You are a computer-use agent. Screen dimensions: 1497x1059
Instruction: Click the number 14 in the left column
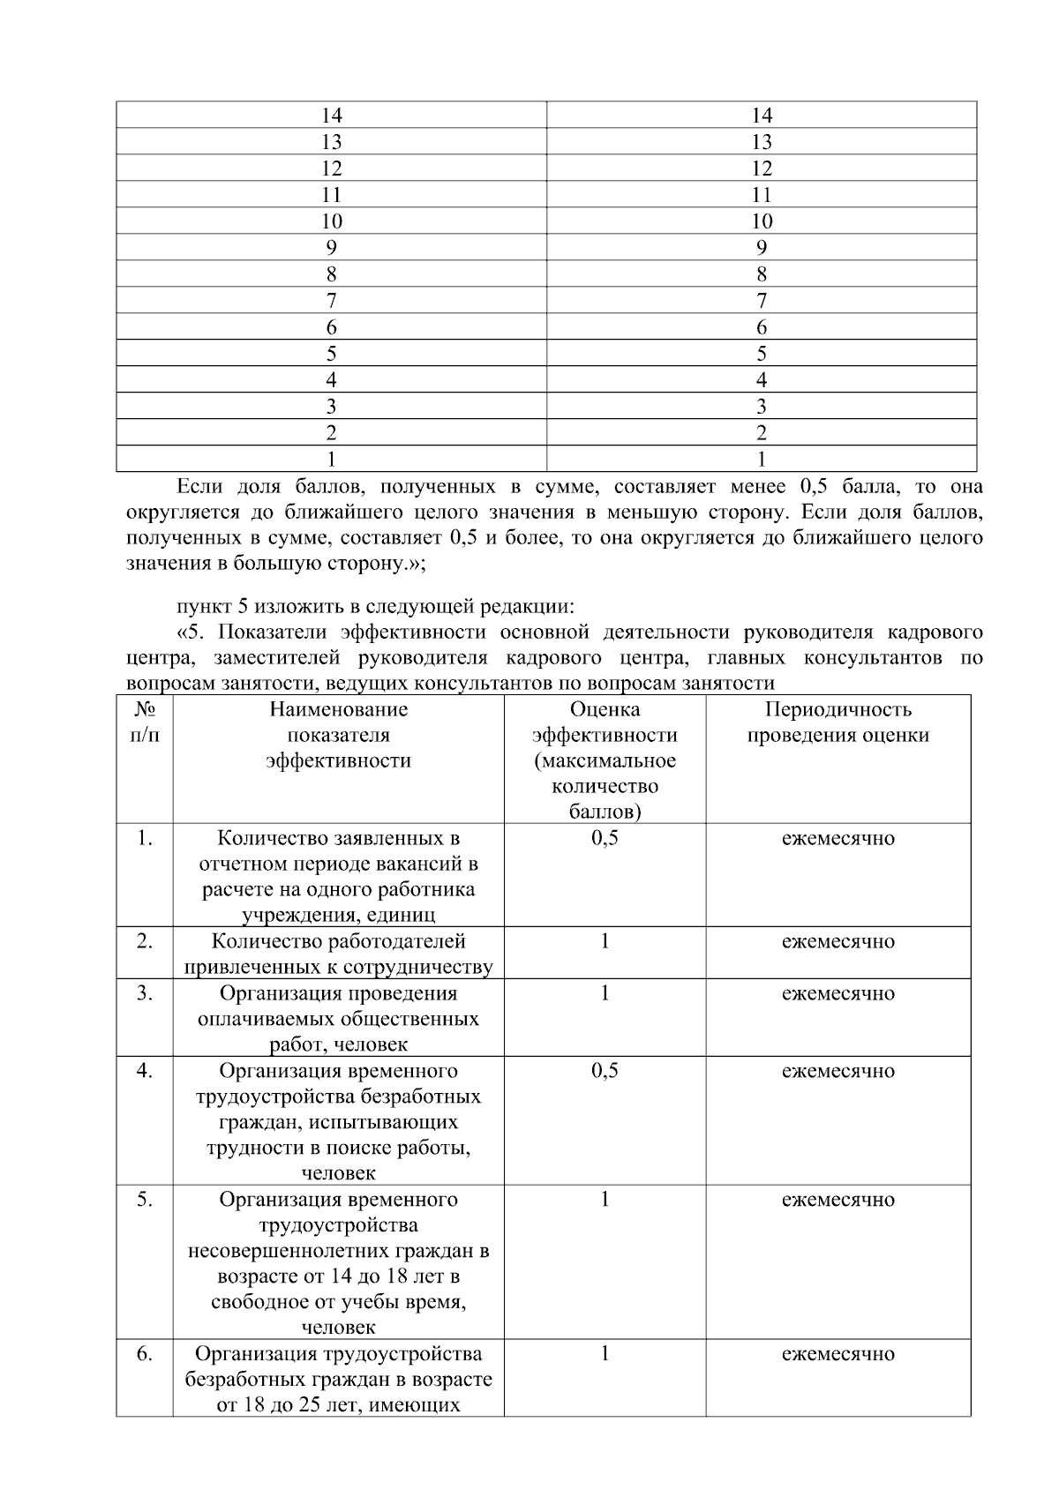point(331,116)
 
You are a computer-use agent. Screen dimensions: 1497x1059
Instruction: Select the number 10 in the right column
point(761,221)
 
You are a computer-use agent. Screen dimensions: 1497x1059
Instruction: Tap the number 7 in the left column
point(331,301)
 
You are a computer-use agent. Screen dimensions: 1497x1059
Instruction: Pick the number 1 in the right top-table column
point(761,459)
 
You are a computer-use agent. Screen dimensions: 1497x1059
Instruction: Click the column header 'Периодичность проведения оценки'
point(837,722)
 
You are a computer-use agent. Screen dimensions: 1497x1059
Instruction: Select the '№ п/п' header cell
point(145,722)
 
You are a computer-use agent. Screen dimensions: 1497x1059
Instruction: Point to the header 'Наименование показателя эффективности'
point(338,735)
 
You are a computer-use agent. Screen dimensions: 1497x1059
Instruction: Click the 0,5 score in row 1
point(605,838)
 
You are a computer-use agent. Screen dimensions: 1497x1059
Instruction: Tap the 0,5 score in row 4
point(605,1071)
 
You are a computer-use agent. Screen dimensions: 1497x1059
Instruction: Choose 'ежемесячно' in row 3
point(837,993)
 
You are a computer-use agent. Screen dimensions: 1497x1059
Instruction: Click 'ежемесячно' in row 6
point(837,1354)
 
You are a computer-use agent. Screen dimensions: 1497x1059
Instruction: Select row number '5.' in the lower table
point(145,1200)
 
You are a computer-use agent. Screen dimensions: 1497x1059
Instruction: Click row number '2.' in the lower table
point(145,941)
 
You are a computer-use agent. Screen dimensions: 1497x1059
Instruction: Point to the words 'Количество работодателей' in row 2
point(338,941)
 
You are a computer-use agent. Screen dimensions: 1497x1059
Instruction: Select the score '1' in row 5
point(605,1200)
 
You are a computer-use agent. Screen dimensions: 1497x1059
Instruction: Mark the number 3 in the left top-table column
point(331,407)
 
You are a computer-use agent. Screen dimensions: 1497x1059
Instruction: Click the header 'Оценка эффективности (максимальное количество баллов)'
point(605,760)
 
